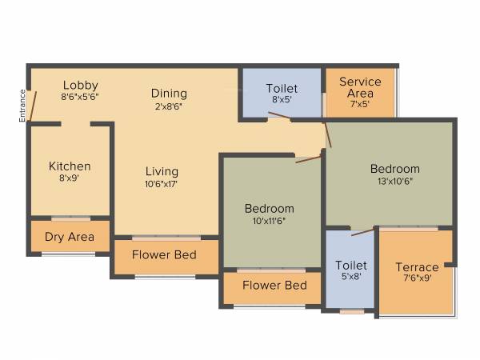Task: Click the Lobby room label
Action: (x=80, y=85)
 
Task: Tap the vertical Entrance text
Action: (x=22, y=106)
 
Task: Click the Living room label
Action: (x=162, y=171)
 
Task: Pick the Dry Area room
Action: (x=70, y=237)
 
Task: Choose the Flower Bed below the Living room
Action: (x=165, y=257)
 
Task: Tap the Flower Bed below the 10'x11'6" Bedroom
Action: (x=274, y=285)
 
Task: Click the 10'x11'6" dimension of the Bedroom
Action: (x=269, y=222)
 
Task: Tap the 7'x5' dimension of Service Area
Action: (x=360, y=104)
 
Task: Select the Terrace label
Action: (x=417, y=267)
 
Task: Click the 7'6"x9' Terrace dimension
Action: (x=417, y=278)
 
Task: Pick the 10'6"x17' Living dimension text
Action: (x=162, y=184)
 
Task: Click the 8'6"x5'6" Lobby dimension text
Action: (x=80, y=97)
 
